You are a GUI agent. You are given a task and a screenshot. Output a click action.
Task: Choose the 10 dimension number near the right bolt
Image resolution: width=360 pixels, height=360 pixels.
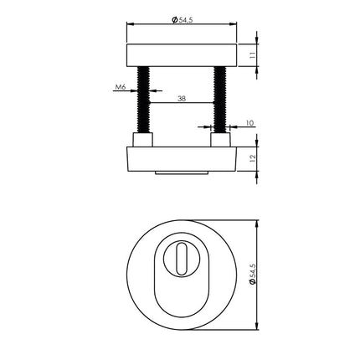pyautogui.click(x=249, y=124)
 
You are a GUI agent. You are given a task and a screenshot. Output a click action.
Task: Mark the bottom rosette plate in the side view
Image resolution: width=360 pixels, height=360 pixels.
pyautogui.click(x=181, y=159)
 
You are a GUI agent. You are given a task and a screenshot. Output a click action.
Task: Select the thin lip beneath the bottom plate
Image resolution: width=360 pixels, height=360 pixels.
pyautogui.click(x=181, y=174)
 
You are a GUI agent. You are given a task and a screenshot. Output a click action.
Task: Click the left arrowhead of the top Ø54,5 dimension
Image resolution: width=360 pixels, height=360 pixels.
pyautogui.click(x=129, y=25)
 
